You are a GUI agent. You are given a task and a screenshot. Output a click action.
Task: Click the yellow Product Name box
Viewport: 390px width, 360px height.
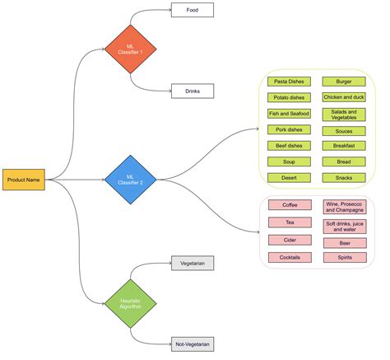pyautogui.click(x=24, y=179)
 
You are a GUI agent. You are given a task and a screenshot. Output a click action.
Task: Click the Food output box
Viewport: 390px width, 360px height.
pyautogui.click(x=192, y=10)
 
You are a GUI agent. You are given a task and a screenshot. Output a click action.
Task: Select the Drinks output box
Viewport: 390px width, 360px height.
pyautogui.click(x=192, y=91)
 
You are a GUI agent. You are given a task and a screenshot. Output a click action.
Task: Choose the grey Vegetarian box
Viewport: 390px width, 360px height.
pyautogui.click(x=192, y=263)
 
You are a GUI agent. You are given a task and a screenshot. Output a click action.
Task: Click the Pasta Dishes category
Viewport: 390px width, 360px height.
pyautogui.click(x=290, y=82)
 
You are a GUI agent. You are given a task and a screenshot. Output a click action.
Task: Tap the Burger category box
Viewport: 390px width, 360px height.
pyautogui.click(x=344, y=82)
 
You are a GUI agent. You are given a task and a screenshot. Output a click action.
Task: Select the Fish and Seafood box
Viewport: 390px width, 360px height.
pyautogui.click(x=290, y=114)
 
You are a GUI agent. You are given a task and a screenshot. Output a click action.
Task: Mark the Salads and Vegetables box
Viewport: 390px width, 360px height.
pyautogui.click(x=344, y=114)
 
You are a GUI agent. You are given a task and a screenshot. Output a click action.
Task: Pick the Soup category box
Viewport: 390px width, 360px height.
pyautogui.click(x=290, y=161)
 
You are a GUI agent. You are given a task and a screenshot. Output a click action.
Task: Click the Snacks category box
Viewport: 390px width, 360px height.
pyautogui.click(x=344, y=177)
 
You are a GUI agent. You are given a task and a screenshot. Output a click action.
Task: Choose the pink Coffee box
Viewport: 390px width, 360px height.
pyautogui.click(x=290, y=205)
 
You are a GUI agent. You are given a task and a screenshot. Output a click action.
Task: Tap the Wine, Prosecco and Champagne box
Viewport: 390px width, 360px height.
pyautogui.click(x=344, y=206)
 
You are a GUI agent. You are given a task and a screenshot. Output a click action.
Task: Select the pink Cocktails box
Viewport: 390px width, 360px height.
pyautogui.click(x=290, y=257)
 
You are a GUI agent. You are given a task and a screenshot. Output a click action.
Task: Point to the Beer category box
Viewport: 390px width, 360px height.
pyautogui.click(x=344, y=243)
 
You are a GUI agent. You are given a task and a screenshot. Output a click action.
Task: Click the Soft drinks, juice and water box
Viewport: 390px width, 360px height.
pyautogui.click(x=344, y=225)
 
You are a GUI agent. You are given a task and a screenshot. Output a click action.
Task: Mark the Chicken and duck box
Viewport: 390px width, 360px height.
pyautogui.click(x=344, y=98)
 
